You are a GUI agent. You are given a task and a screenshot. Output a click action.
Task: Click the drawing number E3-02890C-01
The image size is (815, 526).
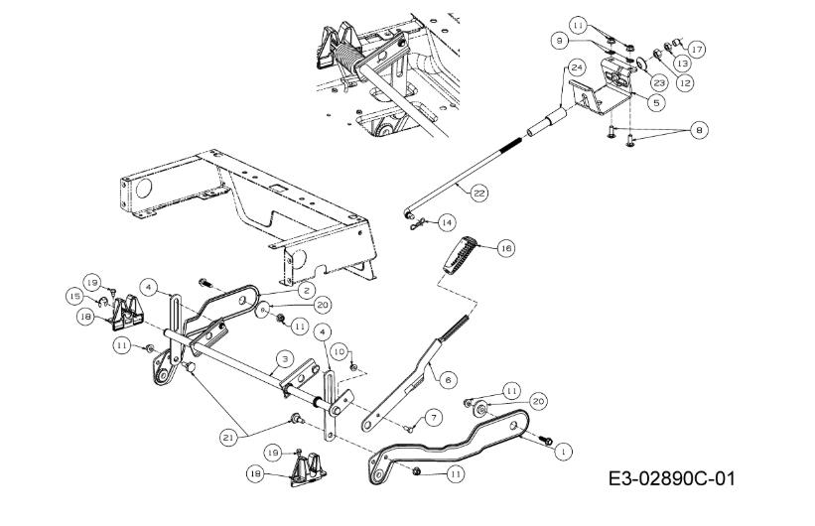click(x=671, y=478)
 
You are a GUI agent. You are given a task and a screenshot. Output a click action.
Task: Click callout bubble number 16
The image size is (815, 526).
click(x=505, y=248)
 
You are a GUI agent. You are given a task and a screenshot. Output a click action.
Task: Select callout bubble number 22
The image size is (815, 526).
click(x=478, y=193)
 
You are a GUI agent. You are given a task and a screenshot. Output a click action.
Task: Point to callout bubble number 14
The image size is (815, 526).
click(x=446, y=223)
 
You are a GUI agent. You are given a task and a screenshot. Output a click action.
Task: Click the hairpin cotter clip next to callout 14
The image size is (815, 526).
click(x=417, y=224)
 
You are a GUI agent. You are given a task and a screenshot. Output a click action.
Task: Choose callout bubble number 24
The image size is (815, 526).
click(x=577, y=67)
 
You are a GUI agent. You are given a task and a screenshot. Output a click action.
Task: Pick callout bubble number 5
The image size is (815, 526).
click(x=656, y=103)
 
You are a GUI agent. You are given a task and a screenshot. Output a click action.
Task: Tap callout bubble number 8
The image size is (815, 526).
click(x=699, y=129)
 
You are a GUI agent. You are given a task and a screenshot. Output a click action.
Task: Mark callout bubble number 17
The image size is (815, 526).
click(x=697, y=50)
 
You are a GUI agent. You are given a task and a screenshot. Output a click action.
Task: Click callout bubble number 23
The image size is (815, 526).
click(x=659, y=82)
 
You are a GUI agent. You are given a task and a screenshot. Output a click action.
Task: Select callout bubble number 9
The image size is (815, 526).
click(x=559, y=40)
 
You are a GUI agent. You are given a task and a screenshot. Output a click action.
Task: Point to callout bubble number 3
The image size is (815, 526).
click(x=285, y=358)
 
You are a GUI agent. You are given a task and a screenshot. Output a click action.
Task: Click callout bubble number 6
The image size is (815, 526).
click(x=448, y=380)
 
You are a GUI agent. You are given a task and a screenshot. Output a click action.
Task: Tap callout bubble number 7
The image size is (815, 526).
click(x=433, y=418)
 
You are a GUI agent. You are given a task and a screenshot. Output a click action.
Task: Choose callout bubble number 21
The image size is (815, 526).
click(x=227, y=438)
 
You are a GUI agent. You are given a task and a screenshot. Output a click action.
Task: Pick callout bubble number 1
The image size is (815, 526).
click(x=563, y=452)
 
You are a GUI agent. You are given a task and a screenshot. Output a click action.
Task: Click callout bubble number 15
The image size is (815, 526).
click(x=74, y=297)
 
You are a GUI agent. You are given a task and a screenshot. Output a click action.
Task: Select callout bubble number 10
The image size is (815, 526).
click(x=339, y=351)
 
